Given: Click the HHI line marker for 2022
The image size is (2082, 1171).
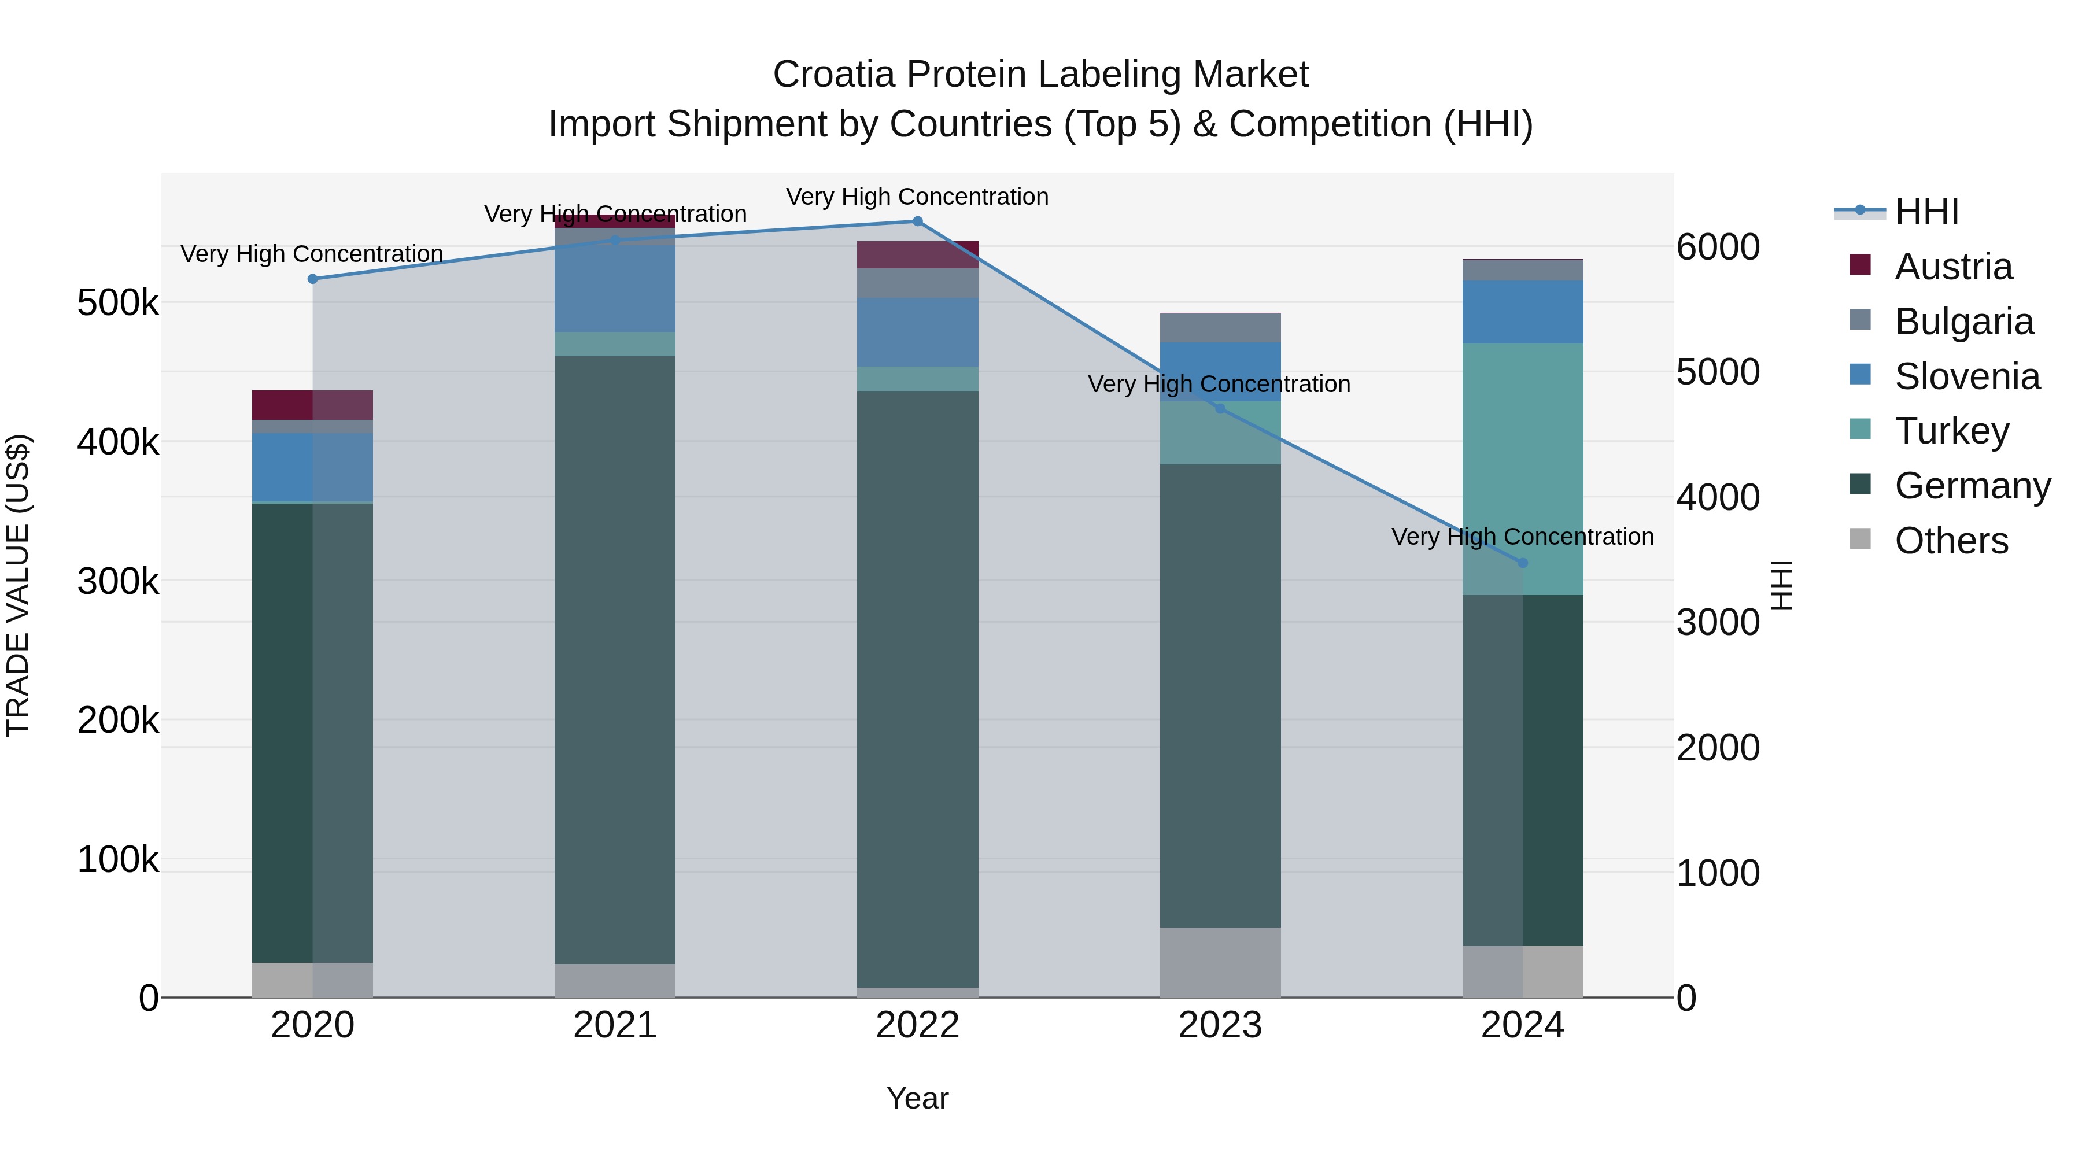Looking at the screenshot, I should (x=917, y=221).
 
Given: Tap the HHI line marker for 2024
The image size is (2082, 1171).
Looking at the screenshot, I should (x=1523, y=563).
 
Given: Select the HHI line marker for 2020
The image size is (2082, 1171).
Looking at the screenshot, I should (x=313, y=279).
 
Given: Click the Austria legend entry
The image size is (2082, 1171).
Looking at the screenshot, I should (x=1952, y=267).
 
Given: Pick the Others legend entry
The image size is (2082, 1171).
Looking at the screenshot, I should (x=1950, y=541).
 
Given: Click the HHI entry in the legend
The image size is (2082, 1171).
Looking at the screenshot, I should (x=1926, y=212).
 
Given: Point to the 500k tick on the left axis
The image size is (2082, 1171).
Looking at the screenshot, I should (x=118, y=304).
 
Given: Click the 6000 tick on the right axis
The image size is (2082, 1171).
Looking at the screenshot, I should (x=1718, y=248).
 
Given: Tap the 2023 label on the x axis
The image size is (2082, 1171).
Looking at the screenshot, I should (x=1220, y=1025).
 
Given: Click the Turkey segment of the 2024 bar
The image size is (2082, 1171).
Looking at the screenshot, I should (x=1523, y=469).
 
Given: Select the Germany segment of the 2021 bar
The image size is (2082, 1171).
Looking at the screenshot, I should (x=615, y=659).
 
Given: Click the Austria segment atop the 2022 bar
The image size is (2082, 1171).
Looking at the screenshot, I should (x=917, y=254).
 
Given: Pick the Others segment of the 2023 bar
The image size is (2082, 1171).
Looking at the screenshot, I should (x=1220, y=962).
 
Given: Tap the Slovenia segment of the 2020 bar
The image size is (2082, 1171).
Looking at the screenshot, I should (x=313, y=467).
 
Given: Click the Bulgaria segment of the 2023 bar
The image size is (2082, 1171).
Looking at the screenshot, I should (x=1220, y=328).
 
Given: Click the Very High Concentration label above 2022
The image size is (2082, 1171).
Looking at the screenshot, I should (x=917, y=197).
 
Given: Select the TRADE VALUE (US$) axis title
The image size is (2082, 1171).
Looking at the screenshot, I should (x=18, y=585).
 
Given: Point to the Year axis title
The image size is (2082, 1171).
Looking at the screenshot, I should (x=917, y=1098).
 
